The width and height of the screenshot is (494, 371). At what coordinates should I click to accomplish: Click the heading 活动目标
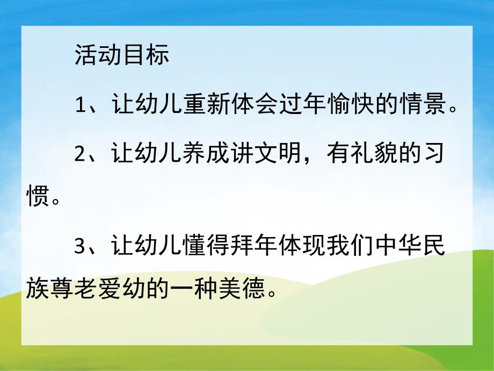[122, 56]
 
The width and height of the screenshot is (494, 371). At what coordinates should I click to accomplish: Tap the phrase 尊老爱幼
[96, 290]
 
